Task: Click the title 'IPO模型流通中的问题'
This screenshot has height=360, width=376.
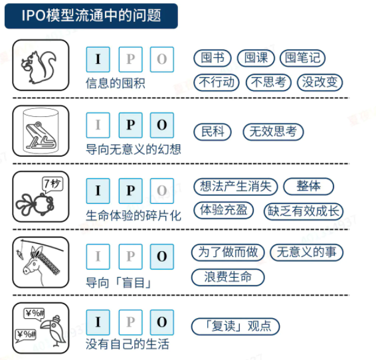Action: (x=91, y=15)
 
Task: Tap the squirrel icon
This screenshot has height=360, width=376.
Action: (x=39, y=67)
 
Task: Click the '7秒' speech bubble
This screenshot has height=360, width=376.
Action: (x=52, y=185)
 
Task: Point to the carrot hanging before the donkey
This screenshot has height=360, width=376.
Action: (x=20, y=254)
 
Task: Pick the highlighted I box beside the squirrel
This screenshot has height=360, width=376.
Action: (x=98, y=59)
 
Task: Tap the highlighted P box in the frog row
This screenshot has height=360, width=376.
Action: (x=131, y=125)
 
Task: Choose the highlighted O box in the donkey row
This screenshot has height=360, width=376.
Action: (x=162, y=256)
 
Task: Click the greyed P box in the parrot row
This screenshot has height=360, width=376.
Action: (x=131, y=322)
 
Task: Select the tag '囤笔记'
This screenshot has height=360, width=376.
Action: (x=303, y=58)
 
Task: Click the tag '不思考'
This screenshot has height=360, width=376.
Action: (x=268, y=82)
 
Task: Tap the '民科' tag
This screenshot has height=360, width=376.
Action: (x=213, y=132)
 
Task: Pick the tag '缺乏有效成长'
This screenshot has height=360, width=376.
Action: (x=304, y=211)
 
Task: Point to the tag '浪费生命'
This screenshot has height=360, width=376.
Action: (x=228, y=277)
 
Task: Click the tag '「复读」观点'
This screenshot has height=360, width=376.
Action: (x=235, y=326)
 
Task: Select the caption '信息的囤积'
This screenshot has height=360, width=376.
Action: (x=116, y=84)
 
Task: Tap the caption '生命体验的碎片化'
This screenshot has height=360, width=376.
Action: (x=134, y=215)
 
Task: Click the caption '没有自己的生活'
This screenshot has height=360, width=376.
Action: (x=128, y=344)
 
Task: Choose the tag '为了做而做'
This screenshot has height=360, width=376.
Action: (x=228, y=252)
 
